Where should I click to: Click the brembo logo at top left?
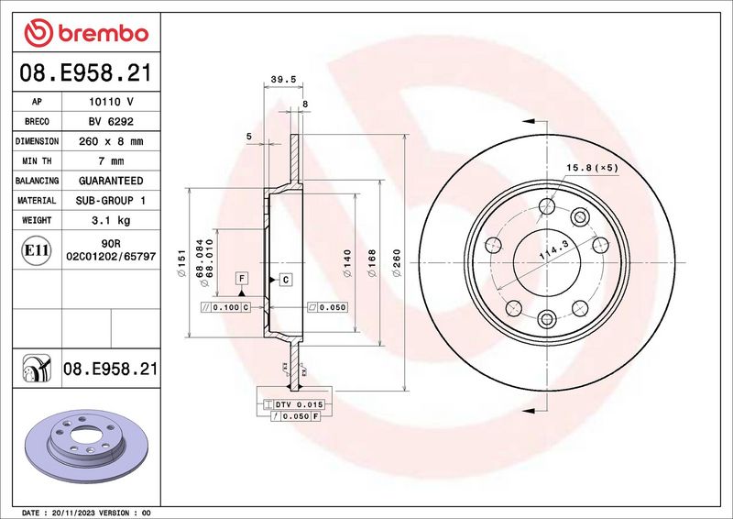(86, 33)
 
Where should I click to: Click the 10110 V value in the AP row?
(111, 102)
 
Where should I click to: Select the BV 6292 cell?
(111, 122)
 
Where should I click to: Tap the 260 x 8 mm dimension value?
(111, 141)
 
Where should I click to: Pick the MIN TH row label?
(37, 161)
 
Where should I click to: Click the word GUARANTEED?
(111, 181)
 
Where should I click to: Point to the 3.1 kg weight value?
(111, 220)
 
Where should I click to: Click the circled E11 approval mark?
(37, 250)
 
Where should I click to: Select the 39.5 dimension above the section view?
(283, 80)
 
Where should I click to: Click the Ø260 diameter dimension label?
(397, 263)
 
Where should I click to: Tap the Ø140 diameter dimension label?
(347, 263)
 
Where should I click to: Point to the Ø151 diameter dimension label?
(181, 263)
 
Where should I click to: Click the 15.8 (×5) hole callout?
(592, 168)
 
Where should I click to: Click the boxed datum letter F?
(242, 279)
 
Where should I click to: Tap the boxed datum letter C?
(286, 280)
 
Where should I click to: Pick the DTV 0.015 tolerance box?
(293, 404)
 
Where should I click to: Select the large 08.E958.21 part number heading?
(86, 73)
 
